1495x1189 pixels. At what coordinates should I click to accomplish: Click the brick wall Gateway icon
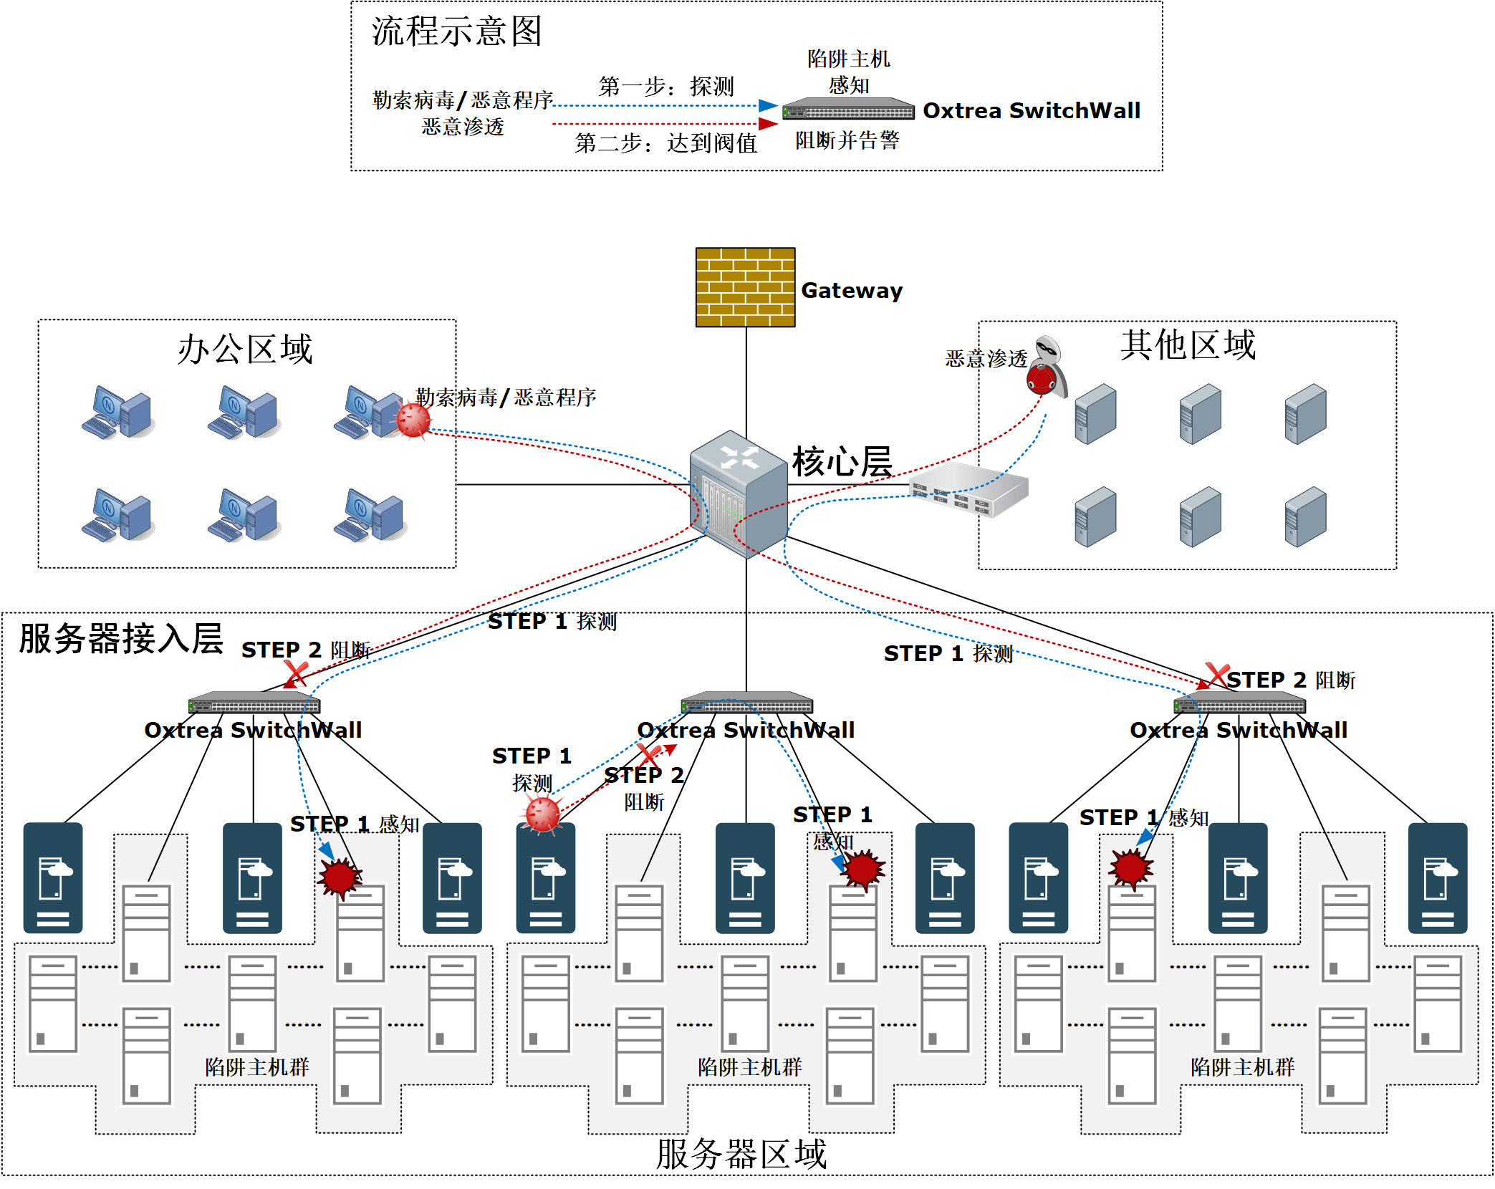[x=745, y=287]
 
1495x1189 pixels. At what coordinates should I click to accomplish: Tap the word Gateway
[x=852, y=290]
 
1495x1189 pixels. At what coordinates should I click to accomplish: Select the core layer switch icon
[x=739, y=494]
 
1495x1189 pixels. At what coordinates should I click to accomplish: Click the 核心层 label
[x=842, y=461]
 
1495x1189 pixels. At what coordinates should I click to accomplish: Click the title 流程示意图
[x=456, y=32]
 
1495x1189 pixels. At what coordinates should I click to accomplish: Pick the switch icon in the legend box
[x=848, y=110]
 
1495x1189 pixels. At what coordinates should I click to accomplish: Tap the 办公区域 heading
[x=245, y=349]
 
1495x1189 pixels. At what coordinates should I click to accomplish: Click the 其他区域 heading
[x=1188, y=345]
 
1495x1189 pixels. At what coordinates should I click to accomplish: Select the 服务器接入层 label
[x=121, y=638]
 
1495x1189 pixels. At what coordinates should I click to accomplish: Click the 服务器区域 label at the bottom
[x=741, y=1154]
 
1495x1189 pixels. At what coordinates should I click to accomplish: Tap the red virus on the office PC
[x=413, y=420]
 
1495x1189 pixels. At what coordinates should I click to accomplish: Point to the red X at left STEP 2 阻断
[x=296, y=673]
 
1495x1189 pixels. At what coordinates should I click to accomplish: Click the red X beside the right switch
[x=1217, y=675]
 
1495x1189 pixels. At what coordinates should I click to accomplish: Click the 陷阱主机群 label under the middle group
[x=749, y=1067]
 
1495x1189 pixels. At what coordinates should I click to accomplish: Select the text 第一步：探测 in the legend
[x=666, y=87]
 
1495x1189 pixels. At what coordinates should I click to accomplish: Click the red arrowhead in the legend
[x=768, y=124]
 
